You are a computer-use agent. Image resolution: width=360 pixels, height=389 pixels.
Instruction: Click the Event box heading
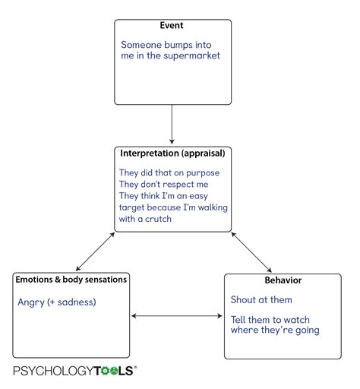coord(172,25)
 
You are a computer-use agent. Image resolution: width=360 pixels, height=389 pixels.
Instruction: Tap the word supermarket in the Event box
coord(191,56)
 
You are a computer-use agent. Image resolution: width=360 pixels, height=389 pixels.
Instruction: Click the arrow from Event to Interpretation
coord(172,125)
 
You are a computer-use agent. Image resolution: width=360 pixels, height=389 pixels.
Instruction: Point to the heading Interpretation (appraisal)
coord(172,153)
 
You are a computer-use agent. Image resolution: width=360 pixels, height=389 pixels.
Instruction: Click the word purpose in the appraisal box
coord(203,173)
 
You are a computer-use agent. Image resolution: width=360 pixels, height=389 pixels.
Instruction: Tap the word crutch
coord(158,219)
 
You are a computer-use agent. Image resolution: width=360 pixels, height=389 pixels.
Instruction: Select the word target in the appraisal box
coord(132,207)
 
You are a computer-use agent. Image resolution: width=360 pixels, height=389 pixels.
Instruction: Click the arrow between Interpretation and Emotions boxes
coord(95,251)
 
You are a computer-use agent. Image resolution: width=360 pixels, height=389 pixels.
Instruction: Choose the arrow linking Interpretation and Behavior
coord(251,252)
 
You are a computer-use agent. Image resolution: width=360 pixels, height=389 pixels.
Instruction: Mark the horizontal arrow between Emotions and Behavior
coord(177,315)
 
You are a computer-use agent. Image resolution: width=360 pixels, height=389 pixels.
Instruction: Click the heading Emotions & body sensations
coord(71,280)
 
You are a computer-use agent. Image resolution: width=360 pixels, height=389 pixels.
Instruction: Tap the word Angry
coord(31,302)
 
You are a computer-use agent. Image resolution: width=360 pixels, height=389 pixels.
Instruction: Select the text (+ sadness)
coord(71,302)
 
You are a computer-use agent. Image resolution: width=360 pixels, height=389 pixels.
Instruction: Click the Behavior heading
coord(283,280)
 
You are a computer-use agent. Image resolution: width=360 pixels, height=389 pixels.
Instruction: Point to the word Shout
coord(243,300)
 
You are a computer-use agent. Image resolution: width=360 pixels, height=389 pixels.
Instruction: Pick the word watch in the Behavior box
coord(297,320)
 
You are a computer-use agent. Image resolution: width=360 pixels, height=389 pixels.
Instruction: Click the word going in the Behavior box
coord(308,330)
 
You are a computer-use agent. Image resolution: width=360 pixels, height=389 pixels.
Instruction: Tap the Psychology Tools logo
coord(75,371)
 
